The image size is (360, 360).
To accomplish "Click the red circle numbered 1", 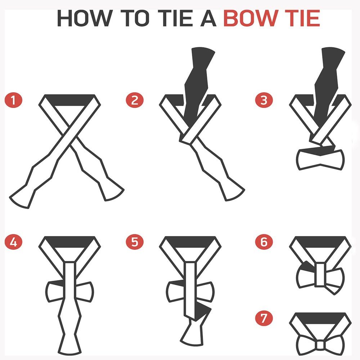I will (14, 100).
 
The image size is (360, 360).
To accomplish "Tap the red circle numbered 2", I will (135, 100).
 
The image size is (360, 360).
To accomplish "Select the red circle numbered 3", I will (264, 100).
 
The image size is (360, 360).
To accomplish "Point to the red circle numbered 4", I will (14, 242).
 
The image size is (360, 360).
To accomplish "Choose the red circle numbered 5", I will (135, 242).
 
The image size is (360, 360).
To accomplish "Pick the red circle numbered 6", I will (264, 242).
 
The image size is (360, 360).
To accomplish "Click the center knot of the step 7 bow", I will (320, 345).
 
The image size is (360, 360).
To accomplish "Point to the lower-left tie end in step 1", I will (22, 196).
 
